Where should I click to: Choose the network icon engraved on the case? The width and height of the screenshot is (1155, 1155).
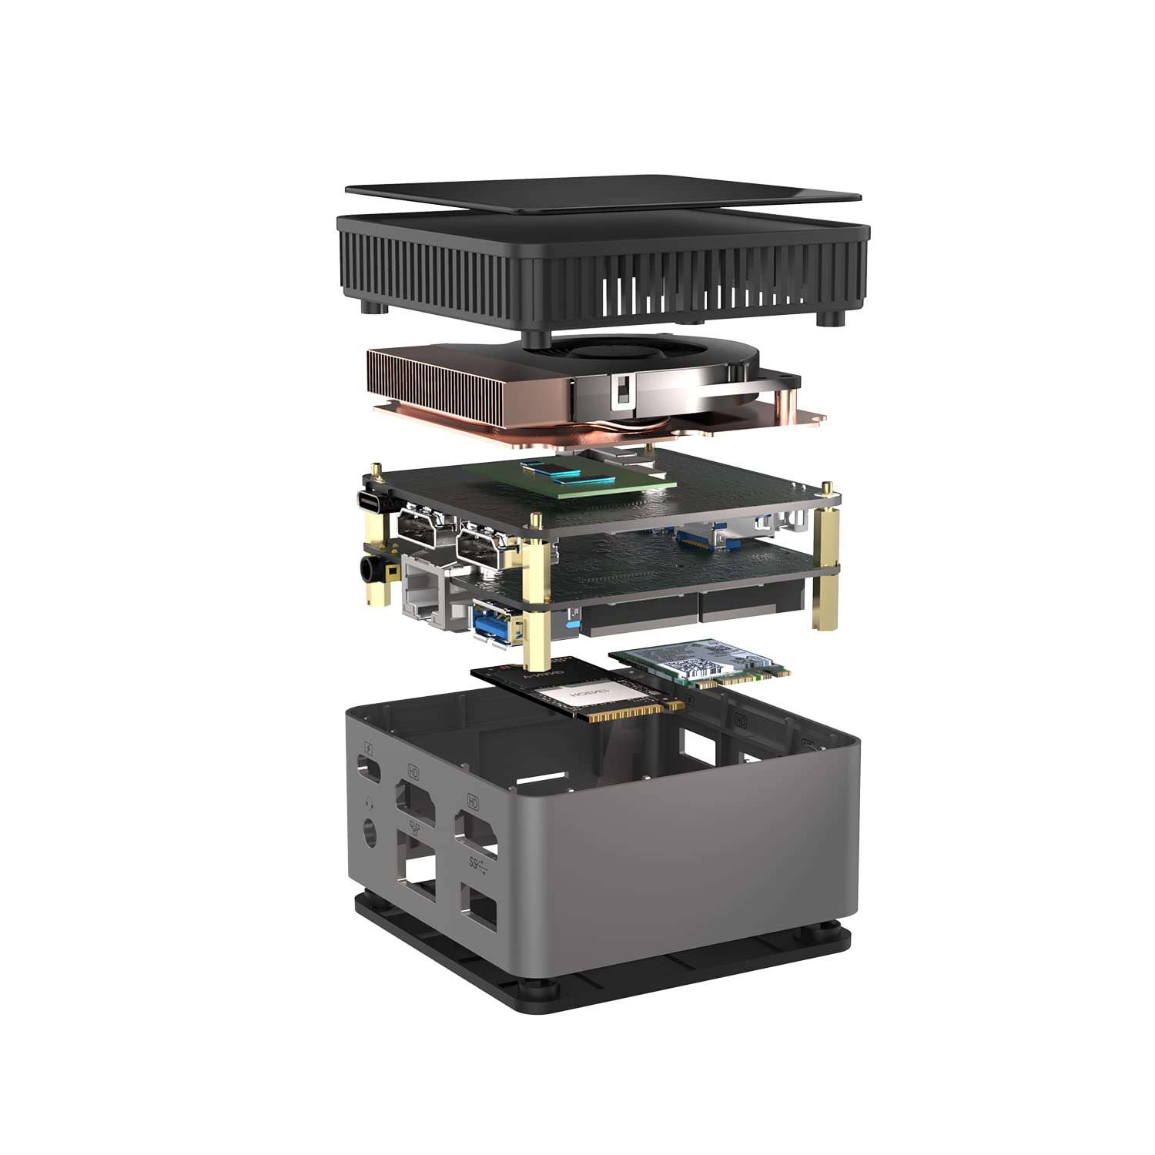[416, 828]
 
